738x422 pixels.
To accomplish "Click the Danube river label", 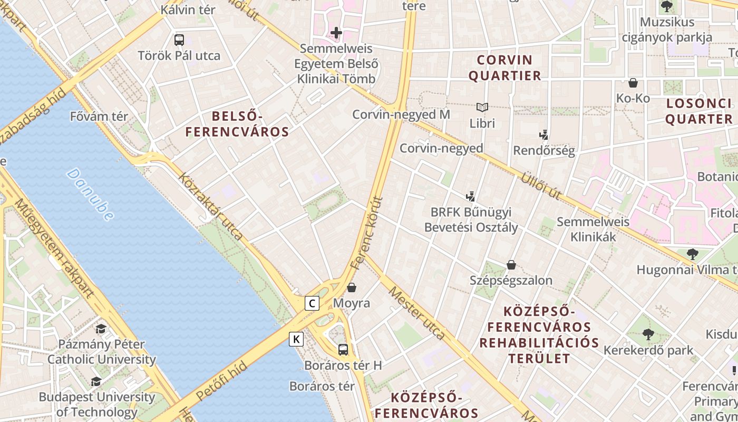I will click(90, 195).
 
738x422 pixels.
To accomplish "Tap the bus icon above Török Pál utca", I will click(179, 40).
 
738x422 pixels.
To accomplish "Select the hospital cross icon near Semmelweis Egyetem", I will click(336, 33).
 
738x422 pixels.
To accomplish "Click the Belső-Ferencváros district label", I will click(237, 124).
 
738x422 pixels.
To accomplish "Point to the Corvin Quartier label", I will click(504, 68).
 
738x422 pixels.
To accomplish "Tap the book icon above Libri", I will click(482, 108).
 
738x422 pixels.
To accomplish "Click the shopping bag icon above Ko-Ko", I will click(633, 83).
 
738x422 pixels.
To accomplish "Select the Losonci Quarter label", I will click(698, 111).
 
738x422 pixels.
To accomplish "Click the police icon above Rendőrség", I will click(544, 135).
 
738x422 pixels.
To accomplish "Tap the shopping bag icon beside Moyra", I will click(352, 287).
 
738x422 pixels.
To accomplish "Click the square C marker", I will click(313, 303).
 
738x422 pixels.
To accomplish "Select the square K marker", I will click(297, 339).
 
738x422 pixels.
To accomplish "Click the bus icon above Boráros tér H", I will click(343, 349).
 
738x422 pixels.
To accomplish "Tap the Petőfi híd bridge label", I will click(221, 380).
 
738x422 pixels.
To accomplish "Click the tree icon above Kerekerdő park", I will click(648, 334).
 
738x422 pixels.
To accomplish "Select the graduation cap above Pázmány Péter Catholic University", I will click(101, 329).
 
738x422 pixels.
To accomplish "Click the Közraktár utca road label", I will click(211, 206).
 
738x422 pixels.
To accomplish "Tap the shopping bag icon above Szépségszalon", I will click(511, 264).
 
